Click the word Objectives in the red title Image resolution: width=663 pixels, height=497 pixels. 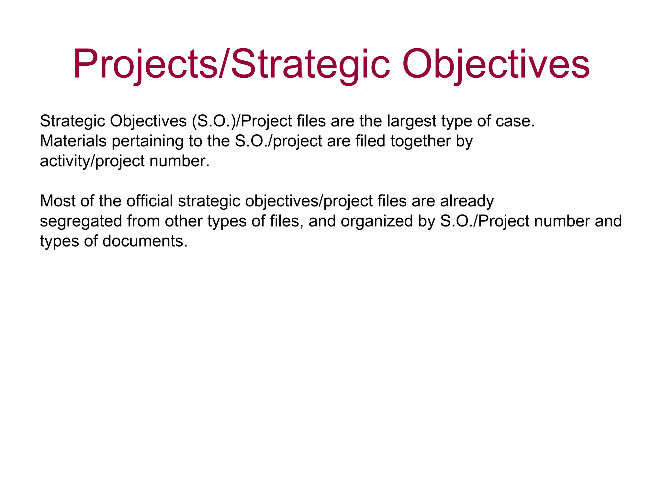click(x=496, y=64)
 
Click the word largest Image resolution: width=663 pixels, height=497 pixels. click(x=411, y=121)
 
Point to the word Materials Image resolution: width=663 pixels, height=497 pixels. click(x=73, y=141)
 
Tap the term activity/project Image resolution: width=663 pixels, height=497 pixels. click(x=92, y=161)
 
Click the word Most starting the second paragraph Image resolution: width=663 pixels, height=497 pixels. click(x=58, y=201)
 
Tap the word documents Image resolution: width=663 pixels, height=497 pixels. click(x=145, y=241)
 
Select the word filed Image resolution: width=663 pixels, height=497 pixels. click(x=370, y=141)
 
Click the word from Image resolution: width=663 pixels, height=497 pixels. click(x=143, y=221)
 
